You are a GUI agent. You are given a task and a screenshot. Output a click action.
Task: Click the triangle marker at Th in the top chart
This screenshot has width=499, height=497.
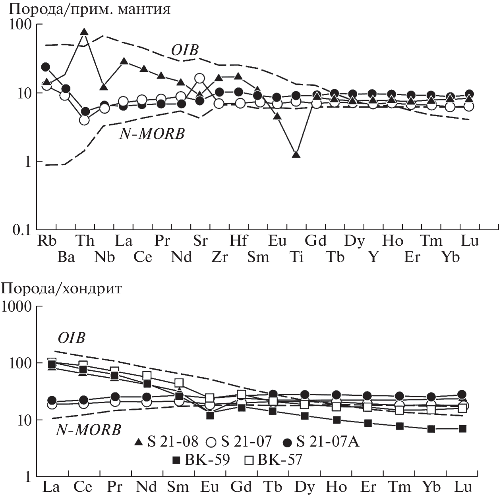(x=84, y=32)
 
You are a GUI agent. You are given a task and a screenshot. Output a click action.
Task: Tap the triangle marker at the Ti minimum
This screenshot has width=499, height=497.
(x=296, y=154)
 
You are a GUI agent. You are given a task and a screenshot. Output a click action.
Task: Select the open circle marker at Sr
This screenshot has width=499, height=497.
(x=200, y=78)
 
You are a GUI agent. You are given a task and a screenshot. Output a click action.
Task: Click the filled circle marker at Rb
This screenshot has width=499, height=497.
(x=46, y=67)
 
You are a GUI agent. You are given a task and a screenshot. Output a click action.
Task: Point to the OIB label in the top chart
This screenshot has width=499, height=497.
(x=185, y=50)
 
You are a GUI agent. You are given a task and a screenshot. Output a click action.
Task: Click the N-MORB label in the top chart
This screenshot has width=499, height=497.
(x=152, y=134)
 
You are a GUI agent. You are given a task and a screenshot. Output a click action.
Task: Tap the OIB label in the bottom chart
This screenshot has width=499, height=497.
(x=72, y=338)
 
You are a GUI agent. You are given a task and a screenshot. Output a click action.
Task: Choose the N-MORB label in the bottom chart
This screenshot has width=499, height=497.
(x=88, y=430)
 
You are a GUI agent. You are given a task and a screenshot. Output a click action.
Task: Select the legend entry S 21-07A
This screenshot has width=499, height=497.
(x=322, y=441)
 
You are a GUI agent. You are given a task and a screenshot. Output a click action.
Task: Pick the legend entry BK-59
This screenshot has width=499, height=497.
(x=201, y=460)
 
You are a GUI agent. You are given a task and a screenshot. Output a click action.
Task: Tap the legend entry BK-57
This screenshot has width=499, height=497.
(x=273, y=460)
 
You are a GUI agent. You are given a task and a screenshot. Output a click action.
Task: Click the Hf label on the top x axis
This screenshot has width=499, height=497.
(x=238, y=241)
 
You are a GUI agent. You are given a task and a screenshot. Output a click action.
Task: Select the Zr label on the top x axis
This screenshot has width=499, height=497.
(x=219, y=257)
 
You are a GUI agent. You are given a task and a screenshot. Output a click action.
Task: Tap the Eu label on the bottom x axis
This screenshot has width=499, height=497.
(x=210, y=487)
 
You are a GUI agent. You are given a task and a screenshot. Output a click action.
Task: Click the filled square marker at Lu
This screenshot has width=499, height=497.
(x=462, y=429)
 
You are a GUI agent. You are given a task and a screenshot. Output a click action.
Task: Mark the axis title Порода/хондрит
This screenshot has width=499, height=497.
(x=62, y=289)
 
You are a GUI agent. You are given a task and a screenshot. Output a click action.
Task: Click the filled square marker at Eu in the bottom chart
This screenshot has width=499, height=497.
(x=210, y=415)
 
